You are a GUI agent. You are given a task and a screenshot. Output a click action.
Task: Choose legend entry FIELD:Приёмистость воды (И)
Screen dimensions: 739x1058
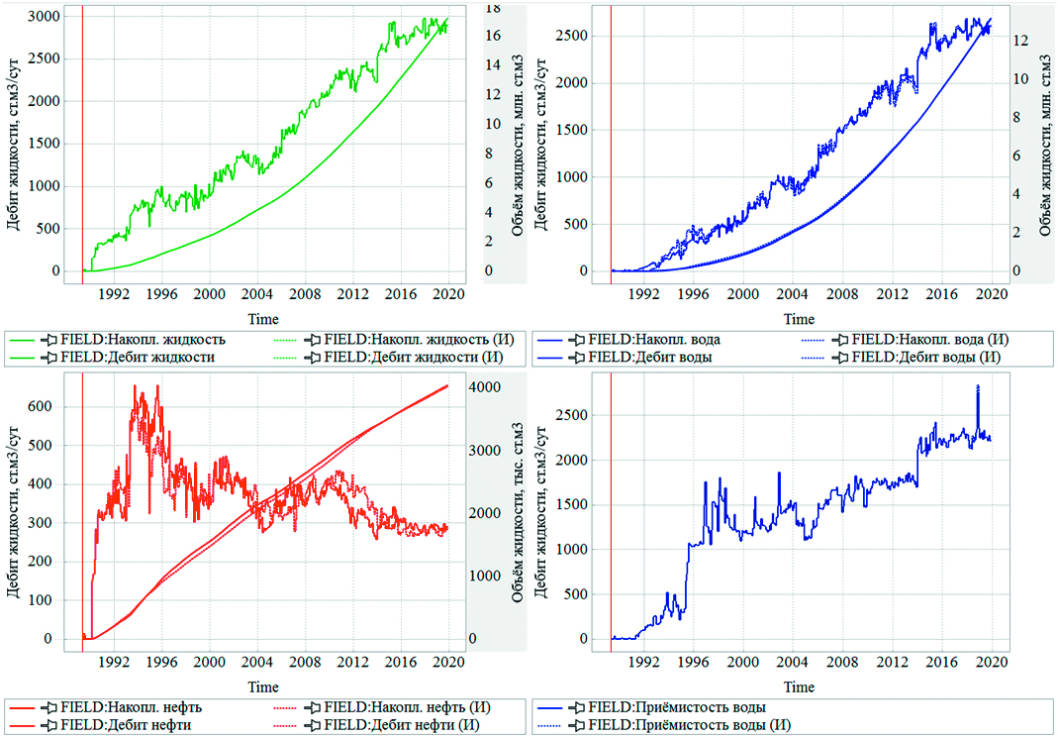pyautogui.click(x=691, y=725)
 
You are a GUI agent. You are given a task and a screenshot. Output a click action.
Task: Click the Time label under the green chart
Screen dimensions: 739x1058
pyautogui.click(x=262, y=319)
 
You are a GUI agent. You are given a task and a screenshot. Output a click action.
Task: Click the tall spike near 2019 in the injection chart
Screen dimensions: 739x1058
pyautogui.click(x=978, y=387)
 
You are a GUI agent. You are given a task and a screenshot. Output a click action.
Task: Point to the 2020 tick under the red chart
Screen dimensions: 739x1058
pyautogui.click(x=448, y=662)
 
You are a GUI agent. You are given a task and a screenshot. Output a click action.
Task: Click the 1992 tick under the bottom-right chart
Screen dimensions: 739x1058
pyautogui.click(x=644, y=662)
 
